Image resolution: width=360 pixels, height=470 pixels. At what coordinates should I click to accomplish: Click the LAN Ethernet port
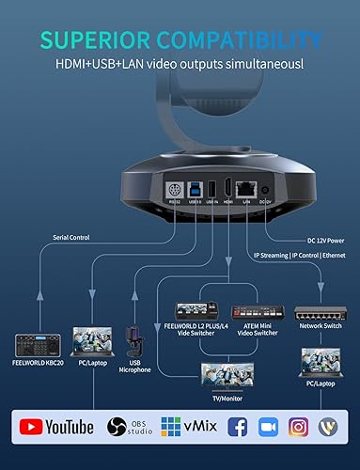[x=247, y=186]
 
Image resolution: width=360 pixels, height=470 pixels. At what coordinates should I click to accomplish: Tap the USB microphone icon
[x=133, y=342]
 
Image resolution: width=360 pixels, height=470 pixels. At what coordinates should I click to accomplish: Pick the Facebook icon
[x=237, y=427]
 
